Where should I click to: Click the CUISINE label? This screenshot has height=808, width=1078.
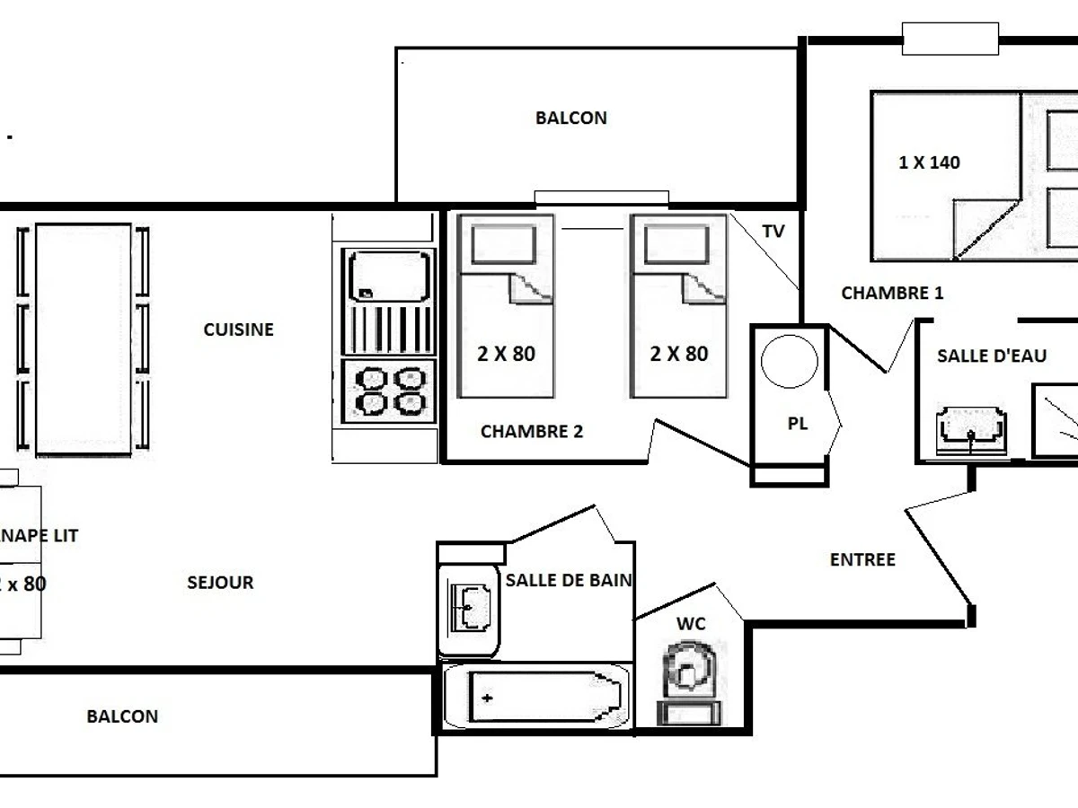click(238, 329)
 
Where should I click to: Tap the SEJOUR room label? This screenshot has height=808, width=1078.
click(220, 583)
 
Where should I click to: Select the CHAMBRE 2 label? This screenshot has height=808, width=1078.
click(532, 432)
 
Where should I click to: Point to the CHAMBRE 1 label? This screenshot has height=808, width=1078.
click(892, 293)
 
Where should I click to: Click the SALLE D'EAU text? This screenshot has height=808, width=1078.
click(992, 356)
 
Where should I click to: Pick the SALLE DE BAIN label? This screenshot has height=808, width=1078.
click(569, 581)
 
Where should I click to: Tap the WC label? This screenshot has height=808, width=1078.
click(691, 624)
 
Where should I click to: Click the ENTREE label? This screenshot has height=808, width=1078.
click(862, 559)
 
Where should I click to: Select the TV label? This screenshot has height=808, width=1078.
click(773, 232)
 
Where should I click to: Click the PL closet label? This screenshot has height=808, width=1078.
click(798, 424)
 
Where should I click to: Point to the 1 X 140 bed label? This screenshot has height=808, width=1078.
click(929, 162)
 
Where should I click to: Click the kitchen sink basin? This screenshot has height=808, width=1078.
click(389, 277)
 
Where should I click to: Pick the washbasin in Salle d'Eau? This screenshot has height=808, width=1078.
click(970, 431)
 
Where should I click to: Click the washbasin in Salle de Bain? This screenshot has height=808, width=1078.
click(470, 608)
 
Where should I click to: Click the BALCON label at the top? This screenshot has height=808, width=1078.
click(570, 118)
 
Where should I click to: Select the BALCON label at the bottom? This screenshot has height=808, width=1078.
click(122, 716)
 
